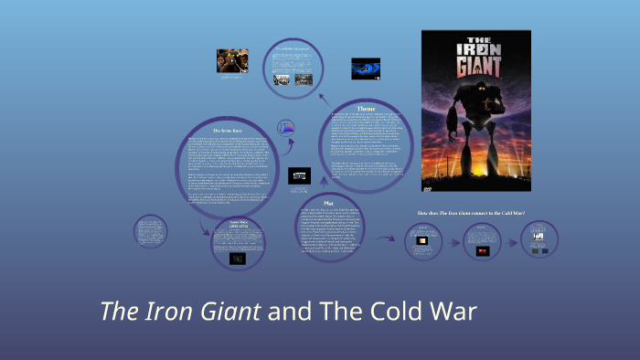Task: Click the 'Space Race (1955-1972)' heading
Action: (237, 223)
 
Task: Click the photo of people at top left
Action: (232, 60)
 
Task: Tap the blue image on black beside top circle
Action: (366, 69)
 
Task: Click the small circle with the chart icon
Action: (286, 128)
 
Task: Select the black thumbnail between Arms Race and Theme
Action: (300, 175)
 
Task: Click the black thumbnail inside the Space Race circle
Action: (237, 259)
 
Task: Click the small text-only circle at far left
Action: (149, 236)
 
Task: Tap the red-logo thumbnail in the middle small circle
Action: (483, 250)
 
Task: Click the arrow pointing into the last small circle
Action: (512, 243)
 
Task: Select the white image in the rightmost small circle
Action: (539, 237)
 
